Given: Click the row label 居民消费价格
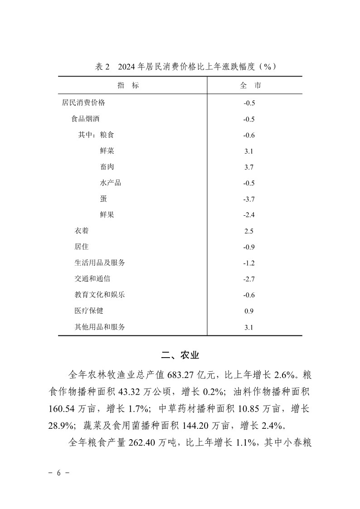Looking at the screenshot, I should [x=83, y=103].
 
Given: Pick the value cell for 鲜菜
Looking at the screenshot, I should [x=248, y=151].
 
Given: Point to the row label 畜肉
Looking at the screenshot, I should [x=107, y=167].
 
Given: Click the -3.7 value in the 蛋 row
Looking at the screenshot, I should [x=249, y=199].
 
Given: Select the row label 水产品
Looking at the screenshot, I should [x=110, y=183].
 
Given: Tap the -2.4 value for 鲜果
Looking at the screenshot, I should [x=249, y=215].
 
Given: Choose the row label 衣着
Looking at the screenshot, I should [x=82, y=231].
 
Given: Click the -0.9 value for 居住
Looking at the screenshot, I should [x=249, y=247].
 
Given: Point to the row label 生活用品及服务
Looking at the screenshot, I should [x=100, y=263].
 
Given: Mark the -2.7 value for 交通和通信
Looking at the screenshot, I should [x=249, y=279].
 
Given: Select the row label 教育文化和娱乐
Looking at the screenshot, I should [x=100, y=295].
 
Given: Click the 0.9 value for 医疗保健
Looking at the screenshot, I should [x=248, y=311].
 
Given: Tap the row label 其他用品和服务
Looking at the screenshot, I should [x=100, y=327].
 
